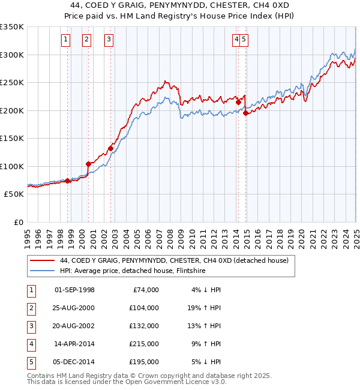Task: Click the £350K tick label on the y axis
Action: [11, 27]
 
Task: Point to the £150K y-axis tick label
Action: [11, 139]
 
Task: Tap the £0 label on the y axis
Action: [18, 222]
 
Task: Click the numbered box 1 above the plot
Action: [65, 40]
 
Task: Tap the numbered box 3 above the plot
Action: [109, 40]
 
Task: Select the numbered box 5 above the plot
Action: [245, 40]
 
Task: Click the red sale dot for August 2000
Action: [88, 164]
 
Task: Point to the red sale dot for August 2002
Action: [110, 148]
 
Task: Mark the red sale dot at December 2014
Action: [245, 113]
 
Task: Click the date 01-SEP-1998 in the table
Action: [74, 290]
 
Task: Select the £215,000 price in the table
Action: [144, 344]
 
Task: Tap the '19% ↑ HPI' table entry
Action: [203, 308]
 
